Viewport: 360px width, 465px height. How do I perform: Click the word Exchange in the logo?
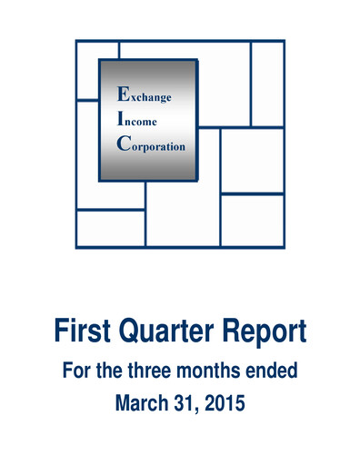click(x=145, y=94)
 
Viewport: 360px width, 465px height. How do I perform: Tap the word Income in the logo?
click(x=140, y=120)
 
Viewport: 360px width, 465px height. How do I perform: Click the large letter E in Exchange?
click(x=124, y=93)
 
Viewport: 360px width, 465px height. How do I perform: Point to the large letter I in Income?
click(x=122, y=119)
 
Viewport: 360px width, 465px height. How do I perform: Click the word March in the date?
click(x=140, y=401)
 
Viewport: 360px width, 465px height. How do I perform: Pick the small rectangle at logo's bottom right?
click(x=252, y=220)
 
